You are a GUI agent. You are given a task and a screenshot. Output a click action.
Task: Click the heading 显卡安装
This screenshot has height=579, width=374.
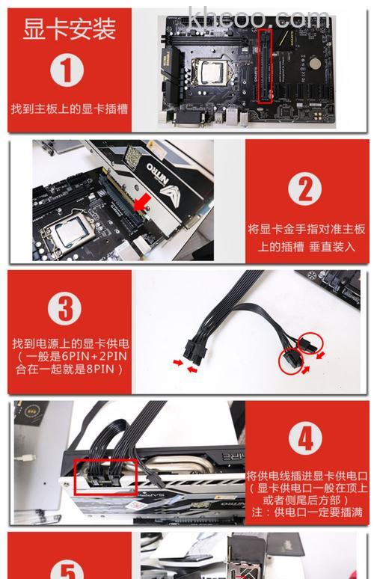point(69,30)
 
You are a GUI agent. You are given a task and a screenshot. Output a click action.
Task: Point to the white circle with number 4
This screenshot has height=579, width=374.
point(305,438)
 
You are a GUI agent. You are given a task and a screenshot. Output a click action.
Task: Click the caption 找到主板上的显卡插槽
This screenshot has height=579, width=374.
point(69,108)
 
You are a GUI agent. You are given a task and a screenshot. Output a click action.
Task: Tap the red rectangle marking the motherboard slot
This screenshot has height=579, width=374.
point(263,65)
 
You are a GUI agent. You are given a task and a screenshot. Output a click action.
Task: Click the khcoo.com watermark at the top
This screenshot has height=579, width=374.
point(258,16)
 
